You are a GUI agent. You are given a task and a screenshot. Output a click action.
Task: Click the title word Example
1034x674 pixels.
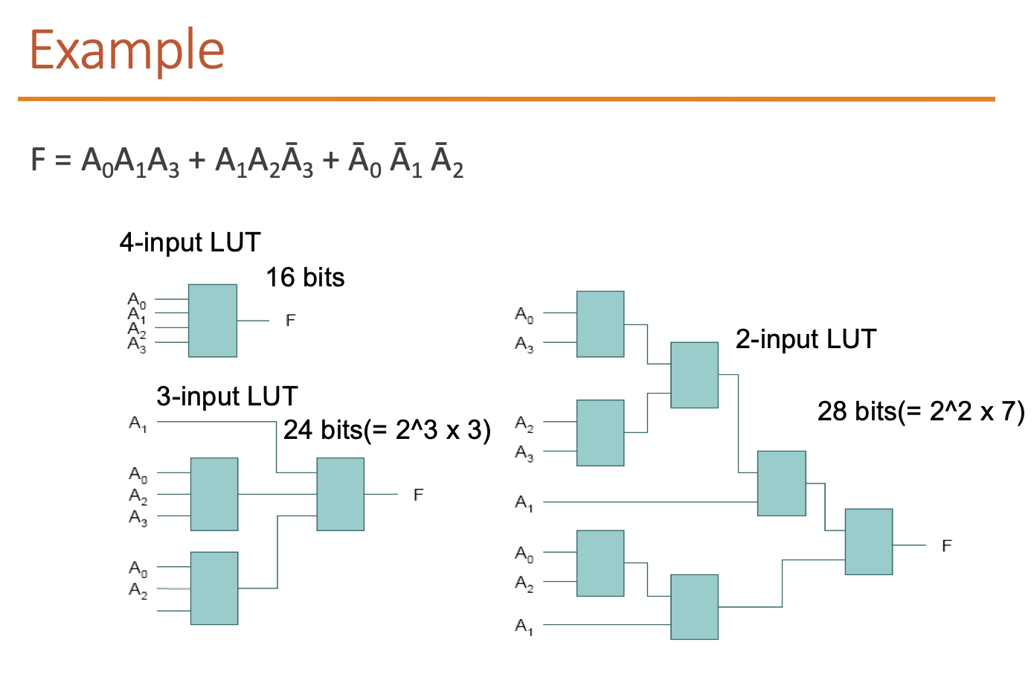(x=126, y=50)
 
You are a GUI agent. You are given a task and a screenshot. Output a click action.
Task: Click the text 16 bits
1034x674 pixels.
(x=305, y=277)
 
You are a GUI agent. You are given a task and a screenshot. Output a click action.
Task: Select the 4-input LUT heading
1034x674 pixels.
(x=190, y=243)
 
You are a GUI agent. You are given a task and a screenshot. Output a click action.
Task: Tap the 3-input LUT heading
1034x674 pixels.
(x=227, y=397)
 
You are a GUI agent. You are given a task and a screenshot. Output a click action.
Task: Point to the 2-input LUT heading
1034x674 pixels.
(x=806, y=339)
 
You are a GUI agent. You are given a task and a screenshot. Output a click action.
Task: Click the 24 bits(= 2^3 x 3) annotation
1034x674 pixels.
(x=387, y=430)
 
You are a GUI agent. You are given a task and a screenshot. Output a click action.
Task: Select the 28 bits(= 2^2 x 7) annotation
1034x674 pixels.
(x=920, y=411)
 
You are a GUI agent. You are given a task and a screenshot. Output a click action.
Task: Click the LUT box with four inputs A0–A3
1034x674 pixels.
(x=212, y=321)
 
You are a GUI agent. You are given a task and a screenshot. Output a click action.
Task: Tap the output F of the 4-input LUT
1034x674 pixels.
(x=290, y=321)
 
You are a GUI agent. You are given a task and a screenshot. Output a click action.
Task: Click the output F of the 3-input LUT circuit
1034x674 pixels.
(x=418, y=495)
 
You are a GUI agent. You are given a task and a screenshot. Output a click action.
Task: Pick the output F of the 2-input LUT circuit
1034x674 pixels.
(x=946, y=546)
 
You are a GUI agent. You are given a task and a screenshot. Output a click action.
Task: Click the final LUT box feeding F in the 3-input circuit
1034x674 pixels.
(x=340, y=494)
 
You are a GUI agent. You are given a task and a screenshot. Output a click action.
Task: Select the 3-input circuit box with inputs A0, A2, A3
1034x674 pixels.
(x=214, y=494)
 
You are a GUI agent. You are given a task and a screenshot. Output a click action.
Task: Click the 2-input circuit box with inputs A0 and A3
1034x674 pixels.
(x=600, y=324)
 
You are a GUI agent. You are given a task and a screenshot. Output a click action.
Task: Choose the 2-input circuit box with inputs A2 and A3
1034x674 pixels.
(x=600, y=433)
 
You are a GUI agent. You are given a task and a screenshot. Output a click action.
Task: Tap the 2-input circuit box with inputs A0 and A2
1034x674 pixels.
(x=600, y=563)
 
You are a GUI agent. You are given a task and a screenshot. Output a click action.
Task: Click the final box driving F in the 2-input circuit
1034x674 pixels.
(x=868, y=542)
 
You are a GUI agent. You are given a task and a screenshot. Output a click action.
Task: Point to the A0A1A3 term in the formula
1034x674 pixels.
(x=130, y=161)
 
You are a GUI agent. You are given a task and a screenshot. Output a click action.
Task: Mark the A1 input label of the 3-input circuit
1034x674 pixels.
(x=138, y=423)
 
